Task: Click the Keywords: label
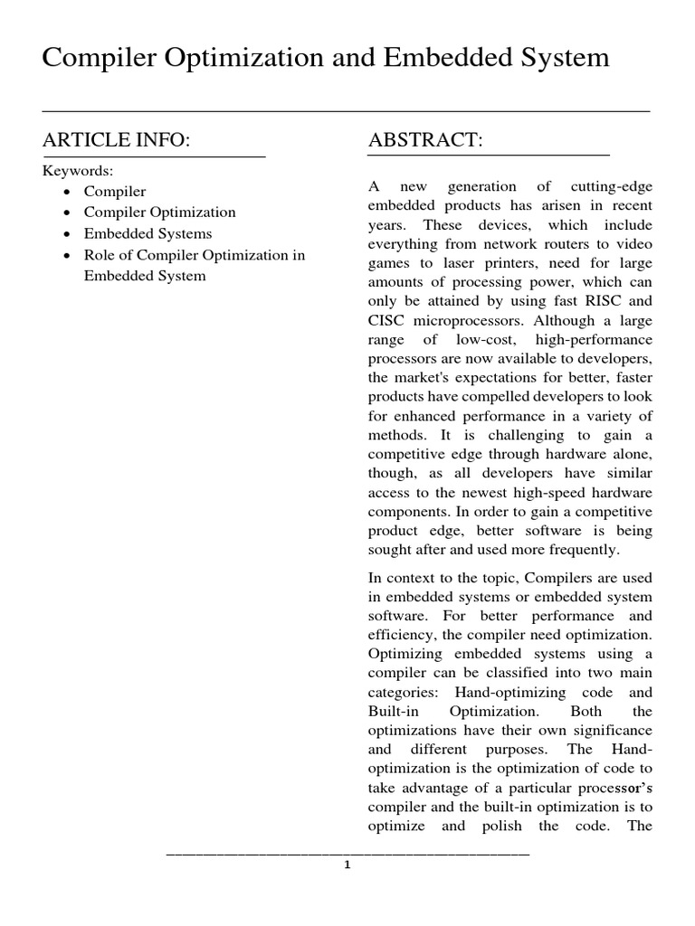(x=78, y=171)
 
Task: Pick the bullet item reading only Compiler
(x=115, y=192)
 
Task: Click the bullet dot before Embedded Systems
(x=70, y=234)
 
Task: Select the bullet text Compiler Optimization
(x=159, y=213)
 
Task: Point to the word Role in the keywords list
(x=100, y=255)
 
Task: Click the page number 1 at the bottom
(x=347, y=865)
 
